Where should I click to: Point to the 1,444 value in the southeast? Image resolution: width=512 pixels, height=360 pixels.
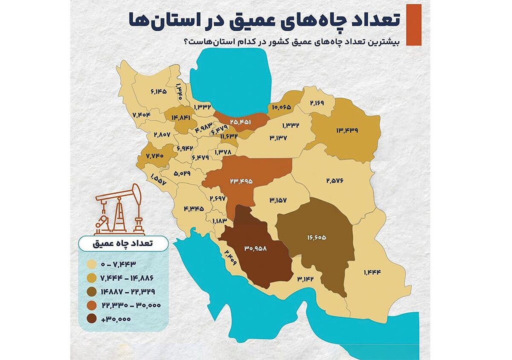click(372, 272)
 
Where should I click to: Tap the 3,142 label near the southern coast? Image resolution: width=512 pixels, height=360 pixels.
click(306, 279)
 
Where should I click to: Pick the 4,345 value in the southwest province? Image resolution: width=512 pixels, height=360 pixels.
click(194, 209)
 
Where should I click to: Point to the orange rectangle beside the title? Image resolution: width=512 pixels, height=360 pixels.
click(413, 25)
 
